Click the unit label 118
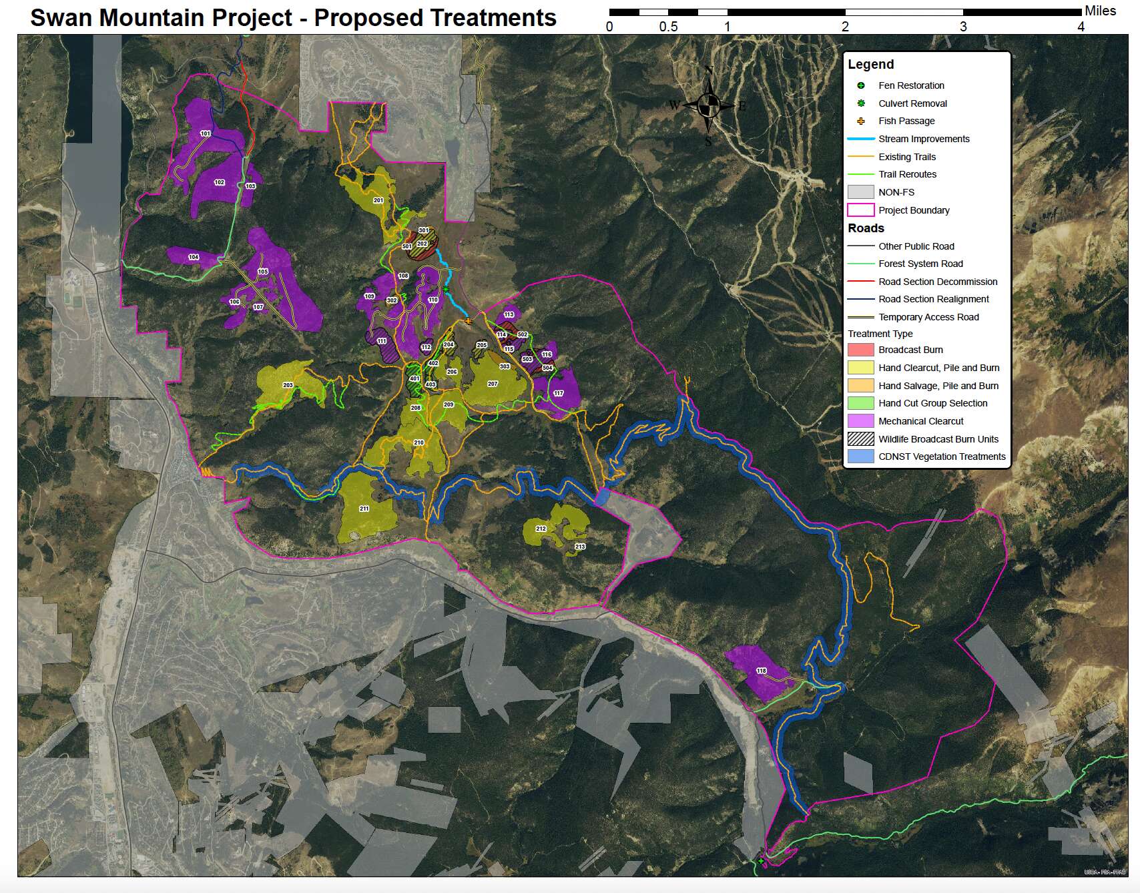[761, 671]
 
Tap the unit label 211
[364, 509]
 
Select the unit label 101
[206, 133]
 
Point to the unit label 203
[288, 385]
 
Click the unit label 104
[194, 257]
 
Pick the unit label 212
[541, 529]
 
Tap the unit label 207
[493, 384]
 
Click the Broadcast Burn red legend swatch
[860, 350]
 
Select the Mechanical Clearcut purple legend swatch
[860, 421]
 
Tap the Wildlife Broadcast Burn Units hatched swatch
[860, 439]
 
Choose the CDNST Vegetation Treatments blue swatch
[860, 457]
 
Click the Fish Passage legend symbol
[861, 121]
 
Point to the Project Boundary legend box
[860, 210]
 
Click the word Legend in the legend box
[870, 65]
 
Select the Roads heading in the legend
[866, 228]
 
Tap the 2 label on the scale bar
[845, 27]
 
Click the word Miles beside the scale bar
[1100, 11]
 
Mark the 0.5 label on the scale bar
[668, 27]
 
